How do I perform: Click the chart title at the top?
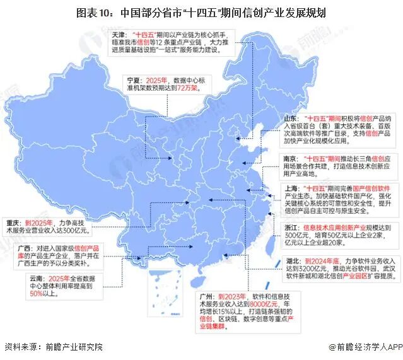(x=202, y=12)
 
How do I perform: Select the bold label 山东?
(x=291, y=118)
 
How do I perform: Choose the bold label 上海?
(x=291, y=188)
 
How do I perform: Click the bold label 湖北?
(x=291, y=260)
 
